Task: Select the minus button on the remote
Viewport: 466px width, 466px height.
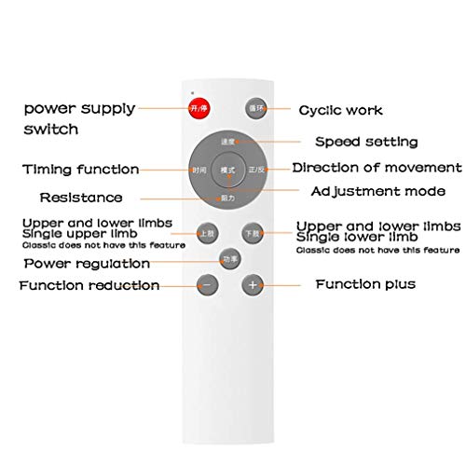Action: (208, 284)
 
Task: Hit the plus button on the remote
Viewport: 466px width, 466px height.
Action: (252, 284)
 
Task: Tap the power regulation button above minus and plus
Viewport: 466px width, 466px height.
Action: (228, 258)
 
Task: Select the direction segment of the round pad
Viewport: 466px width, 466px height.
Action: (256, 171)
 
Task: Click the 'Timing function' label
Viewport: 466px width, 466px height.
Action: (81, 170)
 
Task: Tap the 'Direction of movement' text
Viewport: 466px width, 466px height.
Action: (377, 168)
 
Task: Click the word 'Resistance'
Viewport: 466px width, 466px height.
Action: (80, 198)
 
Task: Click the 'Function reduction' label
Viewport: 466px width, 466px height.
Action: (89, 285)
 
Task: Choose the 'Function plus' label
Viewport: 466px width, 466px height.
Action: (365, 283)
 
